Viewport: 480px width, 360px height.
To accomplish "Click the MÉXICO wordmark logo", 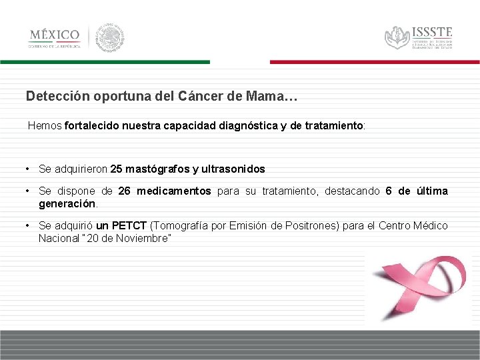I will pos(54,35).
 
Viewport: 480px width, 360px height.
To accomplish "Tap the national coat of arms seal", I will pos(110,37).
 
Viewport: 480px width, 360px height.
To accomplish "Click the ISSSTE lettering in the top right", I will pos(432,32).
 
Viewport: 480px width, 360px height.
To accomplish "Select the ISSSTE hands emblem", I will pos(397,37).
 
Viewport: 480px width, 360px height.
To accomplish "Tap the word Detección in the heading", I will pos(57,96).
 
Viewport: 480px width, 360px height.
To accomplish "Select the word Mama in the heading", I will pos(264,96).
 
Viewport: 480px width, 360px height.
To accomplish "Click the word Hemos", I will pos(45,125).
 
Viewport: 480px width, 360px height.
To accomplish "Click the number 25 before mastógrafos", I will pos(117,169).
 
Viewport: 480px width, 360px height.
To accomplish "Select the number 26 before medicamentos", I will pos(124,191).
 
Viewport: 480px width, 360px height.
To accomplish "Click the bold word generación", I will pos(67,203).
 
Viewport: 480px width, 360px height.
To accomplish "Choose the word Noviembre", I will pos(144,238).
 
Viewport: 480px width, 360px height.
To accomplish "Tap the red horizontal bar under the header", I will pos(375,62).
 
